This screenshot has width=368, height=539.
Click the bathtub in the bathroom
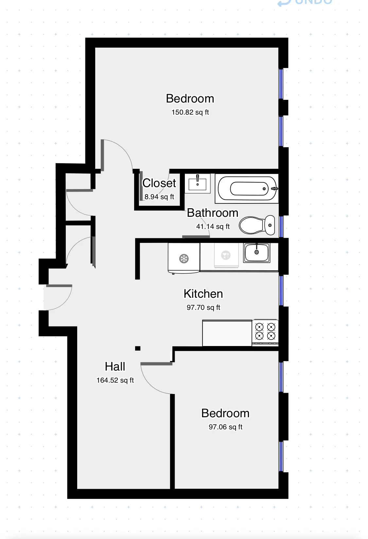247,189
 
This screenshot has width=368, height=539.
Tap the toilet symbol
257,225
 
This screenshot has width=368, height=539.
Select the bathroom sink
198,183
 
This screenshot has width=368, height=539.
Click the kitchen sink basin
257,252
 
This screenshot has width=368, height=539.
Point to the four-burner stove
265,332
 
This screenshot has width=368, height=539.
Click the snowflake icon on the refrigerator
184,259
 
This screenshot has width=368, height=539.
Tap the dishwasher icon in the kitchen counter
226,255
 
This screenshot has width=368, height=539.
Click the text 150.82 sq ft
190,112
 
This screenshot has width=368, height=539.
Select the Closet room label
159,183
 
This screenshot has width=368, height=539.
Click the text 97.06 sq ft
225,427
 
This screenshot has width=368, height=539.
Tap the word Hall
115,367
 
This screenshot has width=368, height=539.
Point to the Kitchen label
203,294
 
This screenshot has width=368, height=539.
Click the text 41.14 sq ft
213,227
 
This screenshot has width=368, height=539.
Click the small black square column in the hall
138,348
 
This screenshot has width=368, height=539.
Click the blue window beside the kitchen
281,291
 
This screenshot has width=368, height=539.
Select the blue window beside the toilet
281,226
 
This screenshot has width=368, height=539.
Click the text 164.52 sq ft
115,380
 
